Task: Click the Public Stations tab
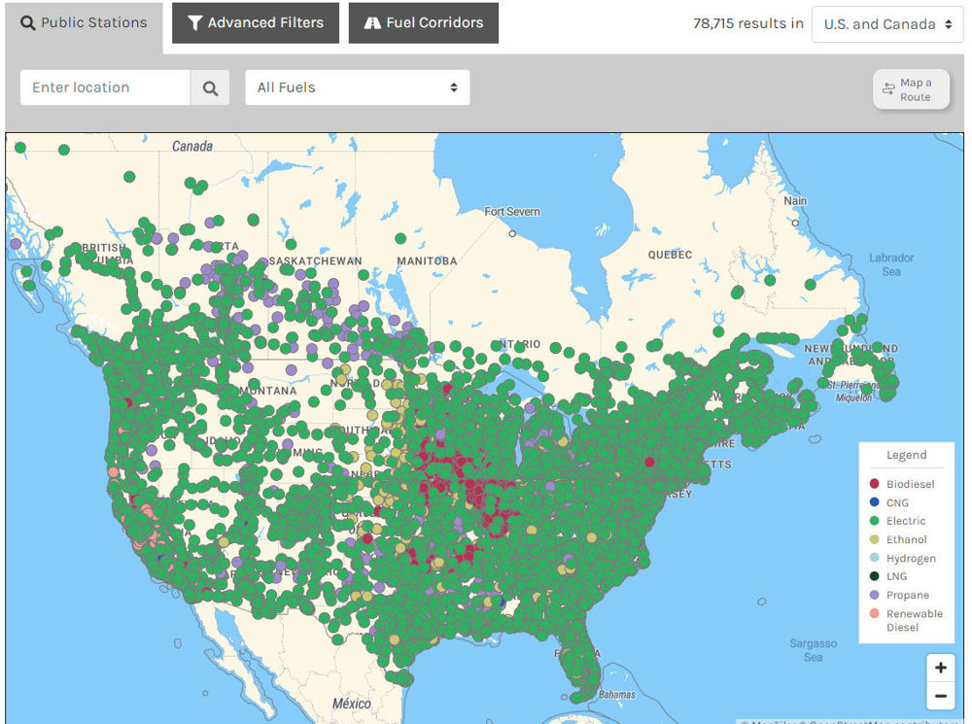[x=85, y=23]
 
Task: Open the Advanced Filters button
[x=256, y=23]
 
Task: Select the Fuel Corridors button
[x=423, y=23]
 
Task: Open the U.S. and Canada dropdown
[x=887, y=24]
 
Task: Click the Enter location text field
[x=105, y=87]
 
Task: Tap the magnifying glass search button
[x=210, y=87]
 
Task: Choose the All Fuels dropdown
[x=357, y=87]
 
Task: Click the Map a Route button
[x=911, y=89]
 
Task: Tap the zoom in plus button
[x=940, y=668]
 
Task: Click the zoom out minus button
[x=940, y=696]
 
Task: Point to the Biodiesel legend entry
[x=910, y=484]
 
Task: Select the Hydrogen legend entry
[x=910, y=558]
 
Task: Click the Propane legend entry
[x=907, y=595]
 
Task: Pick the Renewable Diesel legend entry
[x=914, y=620]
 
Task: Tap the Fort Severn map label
[x=512, y=212]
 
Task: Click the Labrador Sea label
[x=891, y=264]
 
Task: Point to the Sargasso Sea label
[x=813, y=650]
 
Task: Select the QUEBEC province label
[x=670, y=255]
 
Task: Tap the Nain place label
[x=795, y=201]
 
